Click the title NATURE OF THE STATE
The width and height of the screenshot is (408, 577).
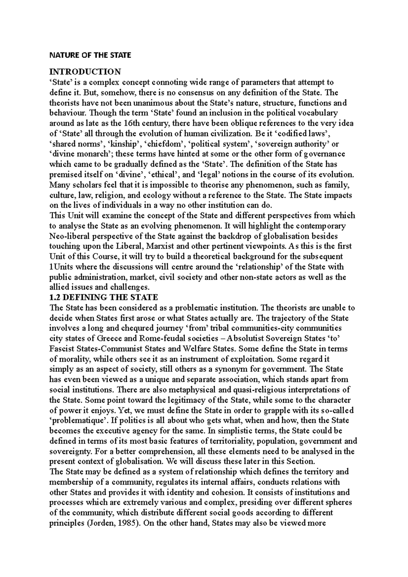click(x=90, y=55)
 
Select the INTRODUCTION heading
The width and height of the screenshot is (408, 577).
click(x=85, y=72)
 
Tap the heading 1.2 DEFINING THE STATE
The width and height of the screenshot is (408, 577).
click(x=104, y=297)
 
